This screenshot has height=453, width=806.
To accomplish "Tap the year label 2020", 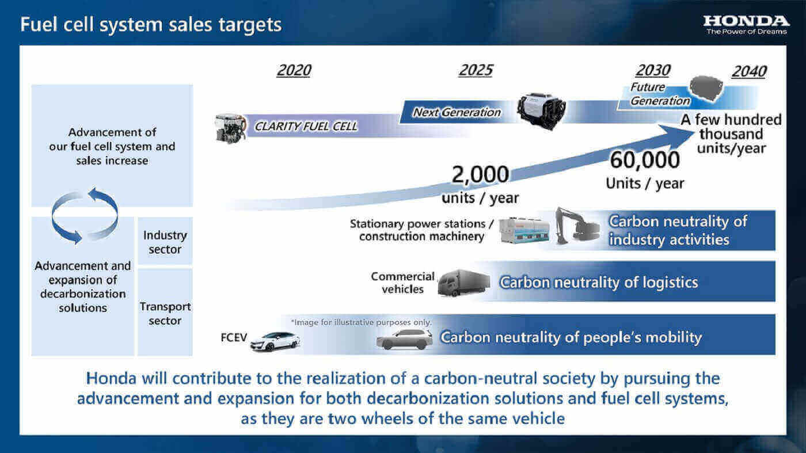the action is pyautogui.click(x=294, y=70).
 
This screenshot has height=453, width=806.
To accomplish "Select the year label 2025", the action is pyautogui.click(x=476, y=70).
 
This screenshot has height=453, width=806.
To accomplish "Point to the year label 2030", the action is pyautogui.click(x=653, y=70).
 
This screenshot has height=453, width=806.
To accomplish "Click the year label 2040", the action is pyautogui.click(x=749, y=71).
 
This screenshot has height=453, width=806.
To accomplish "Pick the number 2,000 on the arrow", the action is pyautogui.click(x=480, y=174).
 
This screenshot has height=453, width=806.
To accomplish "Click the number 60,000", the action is pyautogui.click(x=645, y=160).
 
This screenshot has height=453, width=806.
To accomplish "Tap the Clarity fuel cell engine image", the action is pyautogui.click(x=231, y=128).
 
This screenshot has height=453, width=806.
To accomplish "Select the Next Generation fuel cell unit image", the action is pyautogui.click(x=541, y=111).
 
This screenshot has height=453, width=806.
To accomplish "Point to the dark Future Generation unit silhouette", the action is pyautogui.click(x=706, y=89).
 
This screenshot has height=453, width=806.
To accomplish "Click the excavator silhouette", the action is pyautogui.click(x=577, y=226).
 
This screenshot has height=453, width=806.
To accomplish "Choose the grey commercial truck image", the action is pyautogui.click(x=464, y=283).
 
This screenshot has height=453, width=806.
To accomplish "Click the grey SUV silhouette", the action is pyautogui.click(x=404, y=339).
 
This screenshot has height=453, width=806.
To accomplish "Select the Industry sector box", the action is pyautogui.click(x=165, y=241).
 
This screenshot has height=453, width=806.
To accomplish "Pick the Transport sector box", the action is pyautogui.click(x=165, y=313).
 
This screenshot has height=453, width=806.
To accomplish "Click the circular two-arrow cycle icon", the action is pyautogui.click(x=85, y=215).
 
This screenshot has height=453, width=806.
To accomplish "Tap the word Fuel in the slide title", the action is pyautogui.click(x=39, y=25).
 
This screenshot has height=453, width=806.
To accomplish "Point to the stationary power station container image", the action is pyautogui.click(x=525, y=230).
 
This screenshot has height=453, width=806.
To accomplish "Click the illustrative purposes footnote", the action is pyautogui.click(x=362, y=322).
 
